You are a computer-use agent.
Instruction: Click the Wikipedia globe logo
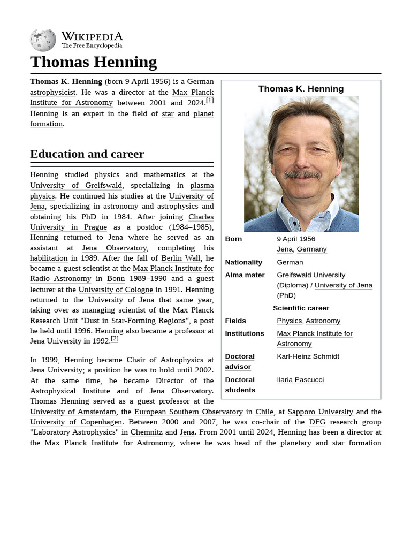point(43,41)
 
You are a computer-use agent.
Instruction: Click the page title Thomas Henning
point(93,62)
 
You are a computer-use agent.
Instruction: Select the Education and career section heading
point(87,154)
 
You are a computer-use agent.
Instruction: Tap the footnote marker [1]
point(210,100)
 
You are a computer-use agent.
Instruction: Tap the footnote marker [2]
point(115,338)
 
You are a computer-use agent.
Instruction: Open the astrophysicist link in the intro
point(52,92)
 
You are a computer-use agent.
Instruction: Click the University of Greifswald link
point(76,185)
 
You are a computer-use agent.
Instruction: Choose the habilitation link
point(49,258)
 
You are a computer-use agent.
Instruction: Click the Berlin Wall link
point(181,258)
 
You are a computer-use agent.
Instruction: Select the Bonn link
point(116,278)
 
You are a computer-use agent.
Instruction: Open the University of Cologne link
point(116,290)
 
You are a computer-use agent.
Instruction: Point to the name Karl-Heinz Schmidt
point(308,356)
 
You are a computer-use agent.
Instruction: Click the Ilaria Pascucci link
point(300,380)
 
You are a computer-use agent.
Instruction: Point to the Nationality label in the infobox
point(243,262)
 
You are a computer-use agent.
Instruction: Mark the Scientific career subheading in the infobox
point(301,308)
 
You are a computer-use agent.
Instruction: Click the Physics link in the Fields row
point(289,321)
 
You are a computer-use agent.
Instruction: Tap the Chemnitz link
point(147,432)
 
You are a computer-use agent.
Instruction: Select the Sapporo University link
point(320,412)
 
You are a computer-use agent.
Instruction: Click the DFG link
point(317,422)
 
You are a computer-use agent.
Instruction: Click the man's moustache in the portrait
point(301,174)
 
